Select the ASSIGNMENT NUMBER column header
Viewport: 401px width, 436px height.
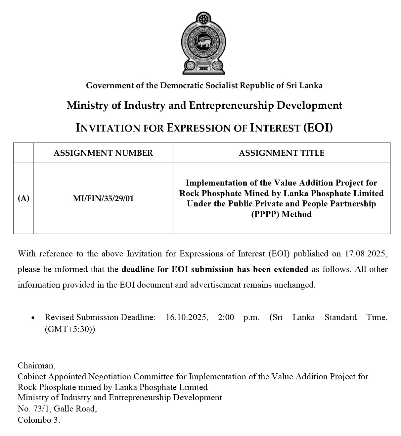(x=103, y=153)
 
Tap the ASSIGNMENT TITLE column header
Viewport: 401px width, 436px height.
(x=282, y=153)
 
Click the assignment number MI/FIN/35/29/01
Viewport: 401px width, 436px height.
(x=103, y=198)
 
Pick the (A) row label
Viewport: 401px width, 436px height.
(x=23, y=198)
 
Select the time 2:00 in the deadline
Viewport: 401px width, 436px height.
(x=226, y=317)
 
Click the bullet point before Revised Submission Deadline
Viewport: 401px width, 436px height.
(x=33, y=318)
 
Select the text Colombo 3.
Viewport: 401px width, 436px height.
(x=39, y=420)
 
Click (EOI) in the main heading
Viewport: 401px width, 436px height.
(x=318, y=128)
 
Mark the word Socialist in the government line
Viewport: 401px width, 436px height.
(x=221, y=85)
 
